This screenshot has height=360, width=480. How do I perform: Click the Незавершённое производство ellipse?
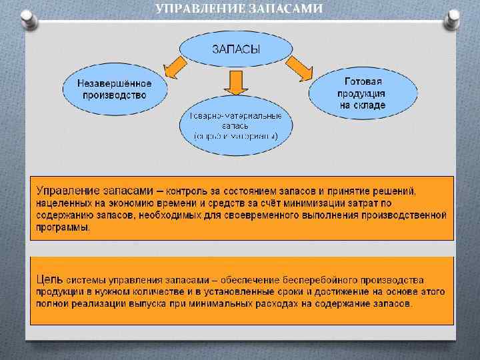pyautogui.click(x=114, y=89)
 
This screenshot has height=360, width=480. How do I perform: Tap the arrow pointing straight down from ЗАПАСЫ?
pyautogui.click(x=235, y=83)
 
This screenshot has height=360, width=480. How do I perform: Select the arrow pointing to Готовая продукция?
pyautogui.click(x=299, y=66)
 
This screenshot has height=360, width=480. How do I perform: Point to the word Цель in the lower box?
pyautogui.click(x=50, y=280)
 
